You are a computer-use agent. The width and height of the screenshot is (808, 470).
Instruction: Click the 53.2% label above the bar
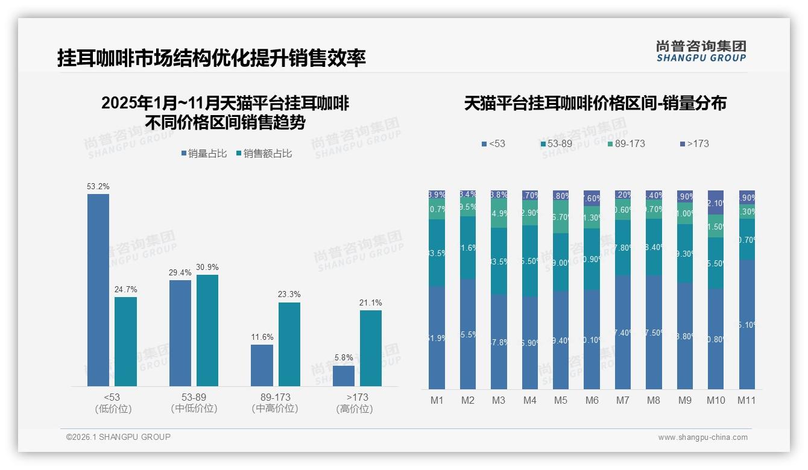tap(98, 187)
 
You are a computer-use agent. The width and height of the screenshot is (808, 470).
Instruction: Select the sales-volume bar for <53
tap(98, 290)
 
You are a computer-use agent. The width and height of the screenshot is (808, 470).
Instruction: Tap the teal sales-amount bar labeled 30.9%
tap(207, 330)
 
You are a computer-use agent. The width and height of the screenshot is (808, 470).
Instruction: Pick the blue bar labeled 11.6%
tap(262, 365)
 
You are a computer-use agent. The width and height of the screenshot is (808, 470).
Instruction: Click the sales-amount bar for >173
tap(371, 348)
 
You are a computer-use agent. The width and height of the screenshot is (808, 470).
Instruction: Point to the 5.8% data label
tap(343, 358)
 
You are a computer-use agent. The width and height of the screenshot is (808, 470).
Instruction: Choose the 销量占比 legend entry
tap(203, 154)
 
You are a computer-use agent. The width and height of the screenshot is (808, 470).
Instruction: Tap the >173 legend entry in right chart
tap(694, 144)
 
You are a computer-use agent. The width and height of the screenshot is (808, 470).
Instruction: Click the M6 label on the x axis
tap(592, 400)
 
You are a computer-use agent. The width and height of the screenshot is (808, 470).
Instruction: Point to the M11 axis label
tap(746, 400)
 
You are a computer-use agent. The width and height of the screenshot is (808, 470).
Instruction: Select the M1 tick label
tap(437, 400)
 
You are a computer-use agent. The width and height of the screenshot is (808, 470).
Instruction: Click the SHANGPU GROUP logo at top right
tap(701, 51)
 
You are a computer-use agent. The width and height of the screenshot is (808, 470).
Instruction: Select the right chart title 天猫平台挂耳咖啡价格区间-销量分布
tap(595, 104)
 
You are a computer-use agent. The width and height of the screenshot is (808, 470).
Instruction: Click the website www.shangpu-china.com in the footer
tap(702, 437)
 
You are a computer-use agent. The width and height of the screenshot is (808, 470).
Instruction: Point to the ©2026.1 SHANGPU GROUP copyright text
tap(118, 437)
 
